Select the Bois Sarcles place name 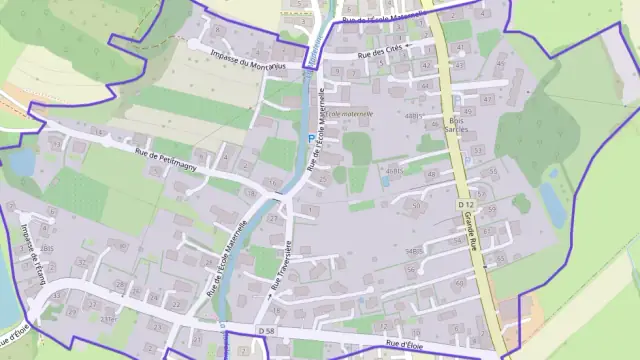457,127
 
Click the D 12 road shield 464,204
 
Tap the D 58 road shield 264,330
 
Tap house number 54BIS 412,250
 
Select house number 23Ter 108,319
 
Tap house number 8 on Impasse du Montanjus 217,30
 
